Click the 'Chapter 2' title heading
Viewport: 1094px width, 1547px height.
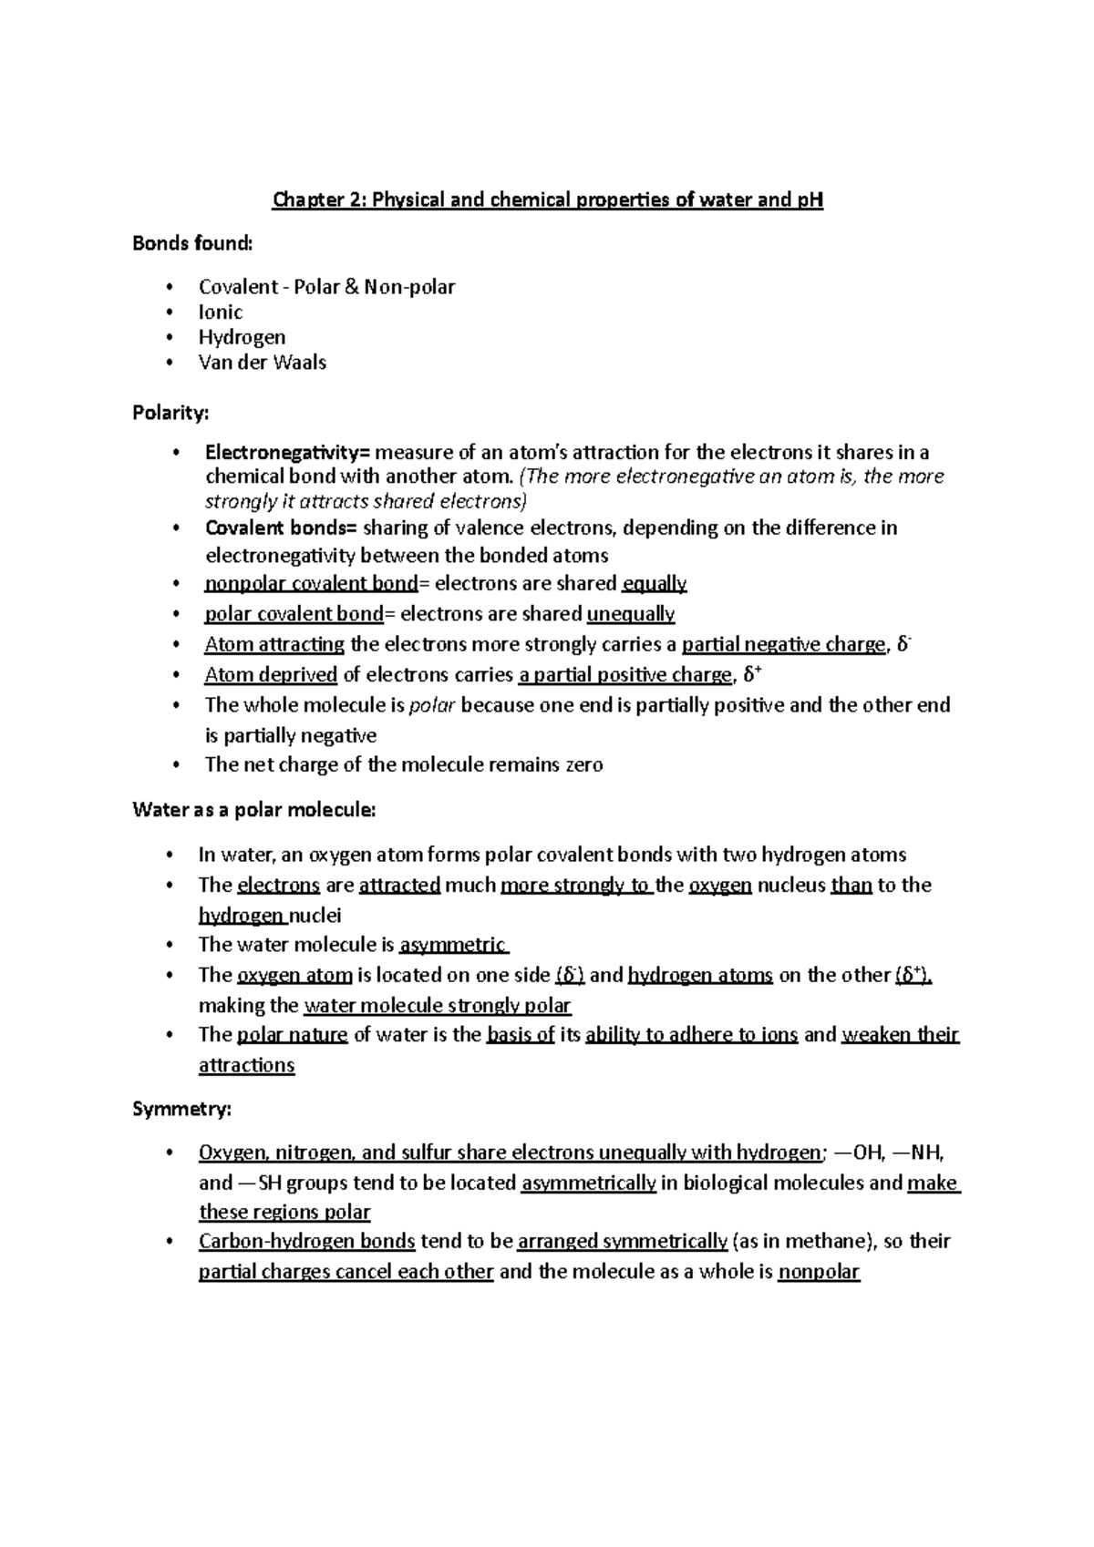547,200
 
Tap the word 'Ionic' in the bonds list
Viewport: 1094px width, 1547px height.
221,312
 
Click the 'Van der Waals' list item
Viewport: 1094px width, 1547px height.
263,362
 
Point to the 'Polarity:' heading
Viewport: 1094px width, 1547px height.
170,413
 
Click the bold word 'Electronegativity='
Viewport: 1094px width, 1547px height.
287,453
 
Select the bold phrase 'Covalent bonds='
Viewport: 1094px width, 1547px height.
283,528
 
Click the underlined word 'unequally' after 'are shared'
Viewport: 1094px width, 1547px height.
631,614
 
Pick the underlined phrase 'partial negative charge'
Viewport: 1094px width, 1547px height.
783,645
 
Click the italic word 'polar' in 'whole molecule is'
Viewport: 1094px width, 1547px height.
431,705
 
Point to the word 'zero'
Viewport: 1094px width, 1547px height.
584,764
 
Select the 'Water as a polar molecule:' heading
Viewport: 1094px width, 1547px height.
253,809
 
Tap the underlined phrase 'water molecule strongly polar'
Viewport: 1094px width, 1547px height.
437,1006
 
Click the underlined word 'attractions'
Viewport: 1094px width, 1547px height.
246,1065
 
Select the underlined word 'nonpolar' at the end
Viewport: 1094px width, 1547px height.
819,1272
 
